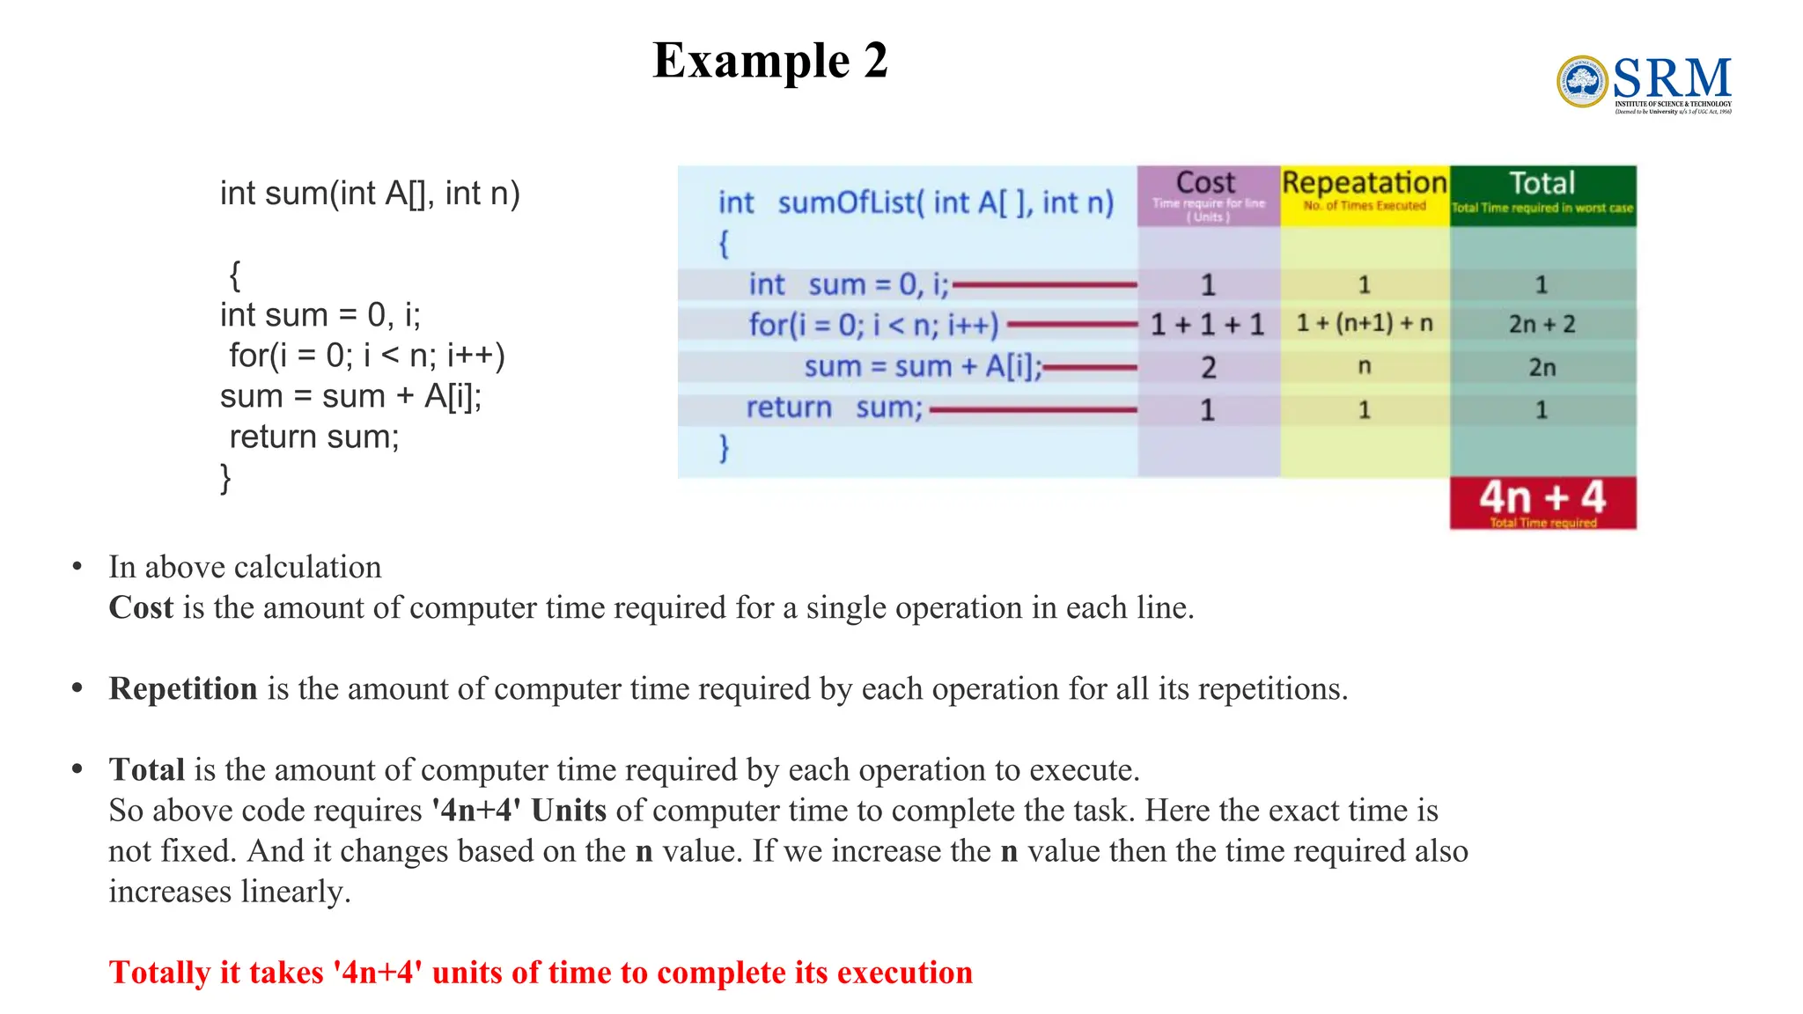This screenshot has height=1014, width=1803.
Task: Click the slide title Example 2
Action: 769,61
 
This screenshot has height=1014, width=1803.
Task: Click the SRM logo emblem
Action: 1582,82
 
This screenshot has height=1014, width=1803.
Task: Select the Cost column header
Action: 1208,195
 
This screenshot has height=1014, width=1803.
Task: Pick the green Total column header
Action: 1542,195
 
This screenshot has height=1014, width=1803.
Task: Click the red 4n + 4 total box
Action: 1542,502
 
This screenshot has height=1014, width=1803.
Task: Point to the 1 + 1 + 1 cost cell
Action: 1208,325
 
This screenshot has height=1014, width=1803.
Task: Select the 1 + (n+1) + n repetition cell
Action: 1365,324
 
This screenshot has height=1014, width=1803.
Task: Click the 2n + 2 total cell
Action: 1542,325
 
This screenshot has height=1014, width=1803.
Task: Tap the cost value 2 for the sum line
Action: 1209,367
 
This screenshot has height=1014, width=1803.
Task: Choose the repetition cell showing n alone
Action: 1365,366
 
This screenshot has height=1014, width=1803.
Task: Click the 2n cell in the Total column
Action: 1542,367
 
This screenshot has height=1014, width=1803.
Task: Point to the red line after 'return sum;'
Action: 1033,409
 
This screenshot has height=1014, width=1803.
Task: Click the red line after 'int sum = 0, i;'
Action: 1045,284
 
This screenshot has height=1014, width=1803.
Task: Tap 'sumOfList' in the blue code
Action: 847,203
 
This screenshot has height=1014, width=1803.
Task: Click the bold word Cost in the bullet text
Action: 141,608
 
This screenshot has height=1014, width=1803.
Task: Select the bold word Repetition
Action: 183,689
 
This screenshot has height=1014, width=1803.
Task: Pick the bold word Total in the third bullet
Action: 147,770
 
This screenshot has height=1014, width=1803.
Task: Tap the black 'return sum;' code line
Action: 313,437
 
